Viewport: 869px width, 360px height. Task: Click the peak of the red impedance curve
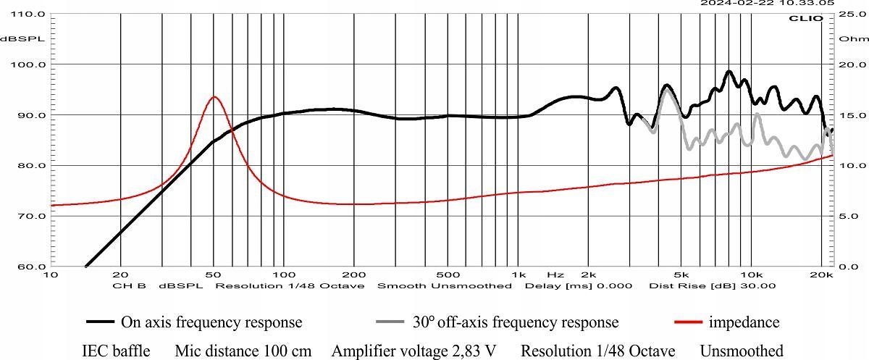(x=214, y=97)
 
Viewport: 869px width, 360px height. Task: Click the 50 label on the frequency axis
(x=214, y=275)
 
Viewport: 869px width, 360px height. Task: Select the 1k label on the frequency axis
(x=519, y=275)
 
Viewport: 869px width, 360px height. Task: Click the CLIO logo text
(x=810, y=18)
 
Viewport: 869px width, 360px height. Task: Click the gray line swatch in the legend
(x=392, y=322)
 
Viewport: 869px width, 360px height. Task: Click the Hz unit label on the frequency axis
(x=555, y=275)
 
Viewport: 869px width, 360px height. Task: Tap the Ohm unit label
(x=847, y=38)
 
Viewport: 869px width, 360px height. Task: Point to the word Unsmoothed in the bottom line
(x=742, y=351)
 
